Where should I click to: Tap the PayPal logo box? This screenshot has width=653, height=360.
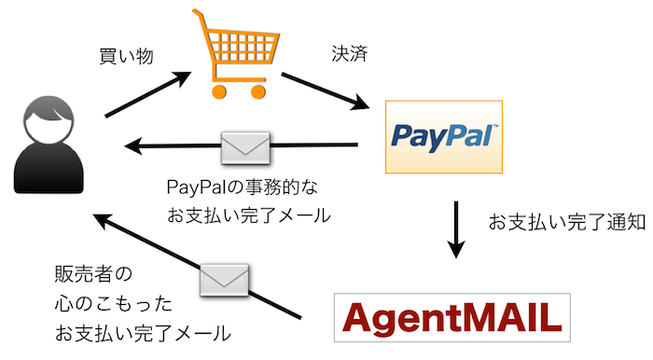point(444,137)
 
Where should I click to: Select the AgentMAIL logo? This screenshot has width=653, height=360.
point(451,319)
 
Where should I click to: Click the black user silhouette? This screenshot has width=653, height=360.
point(45,149)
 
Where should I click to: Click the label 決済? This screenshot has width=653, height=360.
point(349,53)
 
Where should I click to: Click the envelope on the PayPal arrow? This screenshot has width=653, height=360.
point(245,145)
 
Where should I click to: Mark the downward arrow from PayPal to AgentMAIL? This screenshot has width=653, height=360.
point(455,229)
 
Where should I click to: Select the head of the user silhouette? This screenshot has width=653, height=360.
point(45,121)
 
